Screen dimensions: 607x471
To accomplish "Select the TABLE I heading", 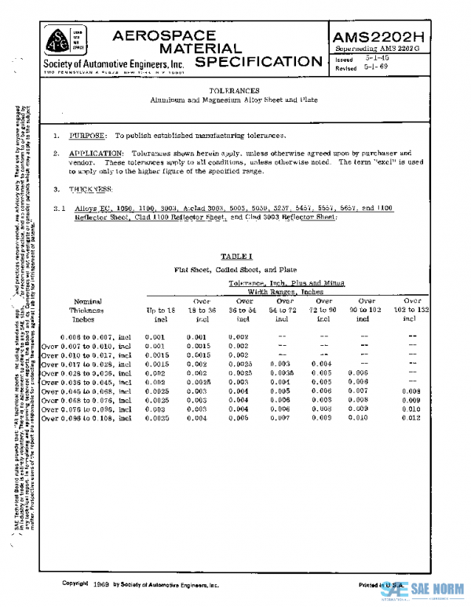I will pos(235,256).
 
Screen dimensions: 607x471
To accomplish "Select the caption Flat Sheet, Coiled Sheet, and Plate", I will pos(235,269).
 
